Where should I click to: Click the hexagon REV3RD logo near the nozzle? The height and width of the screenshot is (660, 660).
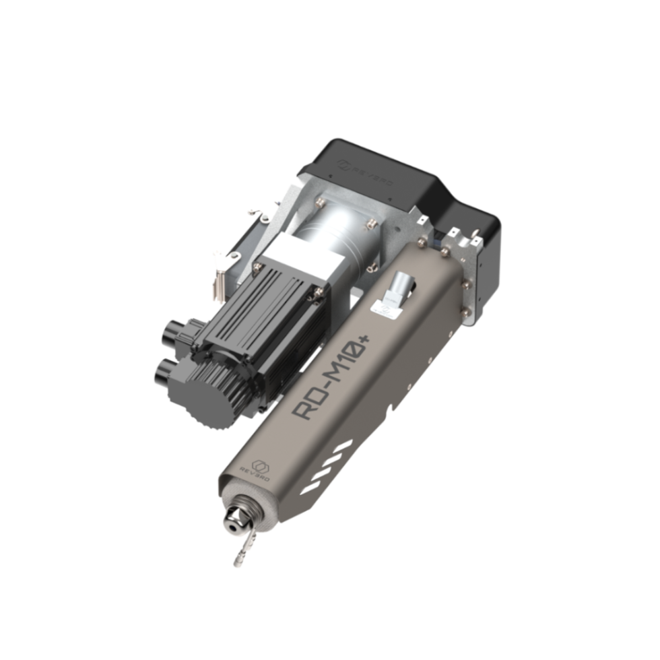coord(261,466)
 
